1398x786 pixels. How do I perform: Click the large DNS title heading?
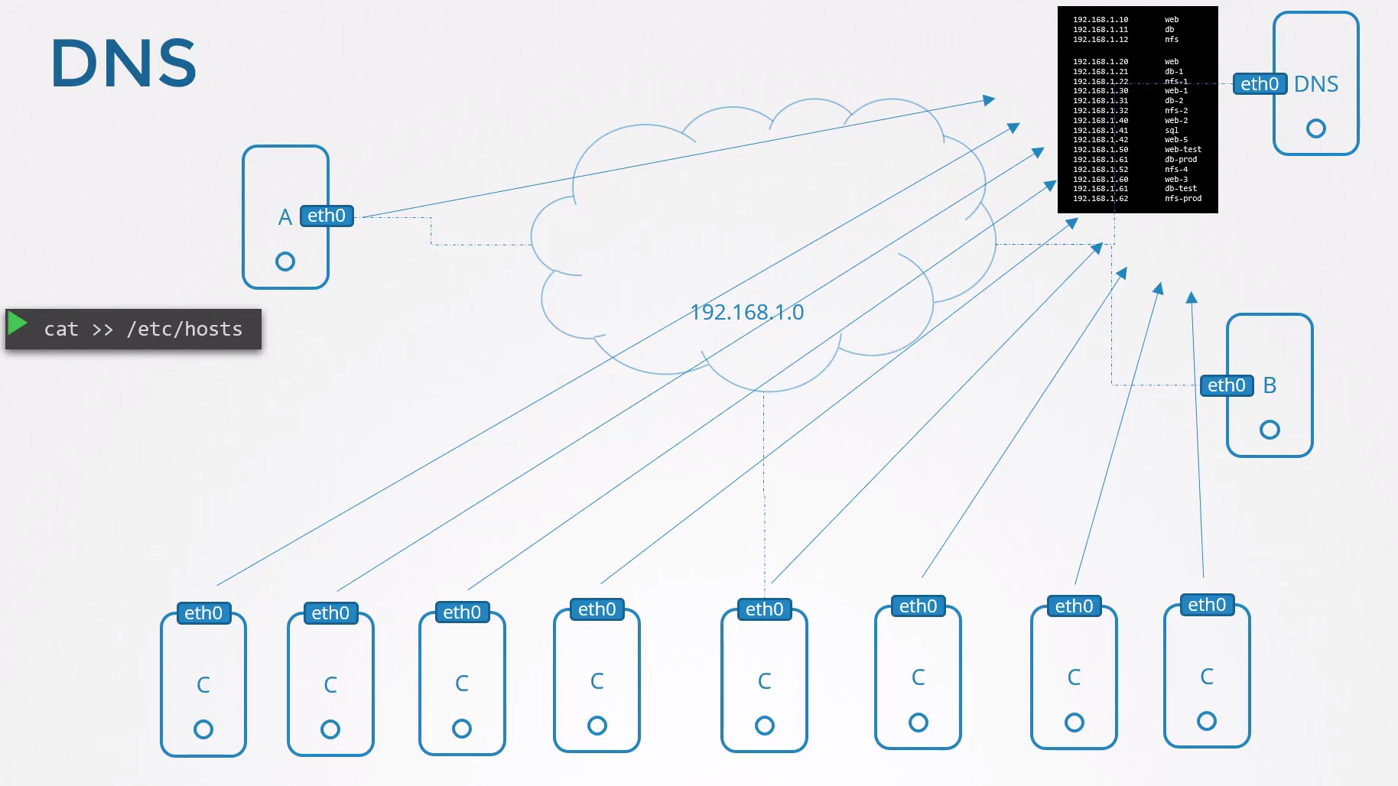coord(123,63)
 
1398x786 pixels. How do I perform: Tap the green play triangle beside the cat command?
coord(17,324)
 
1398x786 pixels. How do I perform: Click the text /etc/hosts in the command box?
coord(184,329)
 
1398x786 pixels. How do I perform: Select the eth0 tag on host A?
coord(327,216)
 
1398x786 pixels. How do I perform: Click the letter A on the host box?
coord(285,217)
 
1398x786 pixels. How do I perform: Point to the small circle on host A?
coord(285,261)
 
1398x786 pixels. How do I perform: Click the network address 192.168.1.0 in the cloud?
coord(746,312)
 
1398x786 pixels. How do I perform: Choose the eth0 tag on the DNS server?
coord(1260,84)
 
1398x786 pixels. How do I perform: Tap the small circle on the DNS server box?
coord(1315,128)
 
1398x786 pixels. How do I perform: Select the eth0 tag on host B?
coord(1227,385)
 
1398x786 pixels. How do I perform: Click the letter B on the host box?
coord(1270,385)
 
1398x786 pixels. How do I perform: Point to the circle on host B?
coord(1270,430)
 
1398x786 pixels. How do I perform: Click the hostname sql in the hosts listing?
coord(1172,131)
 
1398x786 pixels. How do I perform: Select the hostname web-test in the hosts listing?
coord(1182,150)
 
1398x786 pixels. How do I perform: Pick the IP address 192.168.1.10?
coord(1101,20)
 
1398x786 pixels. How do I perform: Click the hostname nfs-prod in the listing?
coord(1182,199)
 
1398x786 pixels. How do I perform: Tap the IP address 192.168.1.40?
coord(1101,121)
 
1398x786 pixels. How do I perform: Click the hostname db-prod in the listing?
coord(1181,160)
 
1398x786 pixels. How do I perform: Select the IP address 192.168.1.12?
coord(1101,40)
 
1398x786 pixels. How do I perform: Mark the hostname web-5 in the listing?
coord(1176,140)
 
